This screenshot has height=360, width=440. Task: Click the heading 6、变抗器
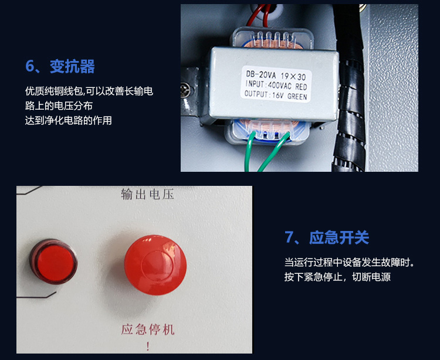pos(60,66)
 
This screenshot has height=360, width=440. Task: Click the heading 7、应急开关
pos(327,237)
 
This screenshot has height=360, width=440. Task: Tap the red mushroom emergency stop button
pos(155,264)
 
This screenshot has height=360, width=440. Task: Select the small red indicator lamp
pos(53,261)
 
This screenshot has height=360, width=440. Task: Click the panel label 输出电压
pos(148,194)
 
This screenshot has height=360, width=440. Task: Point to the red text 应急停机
pos(148,330)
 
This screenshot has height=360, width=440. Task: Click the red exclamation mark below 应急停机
pos(148,347)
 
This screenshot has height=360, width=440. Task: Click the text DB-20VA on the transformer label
pos(260,74)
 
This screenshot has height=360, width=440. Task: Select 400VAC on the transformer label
pos(279,85)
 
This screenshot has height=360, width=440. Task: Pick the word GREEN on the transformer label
pos(297,96)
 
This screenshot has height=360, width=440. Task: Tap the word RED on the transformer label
pos(301,86)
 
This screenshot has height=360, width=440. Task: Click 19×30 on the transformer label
pos(293,76)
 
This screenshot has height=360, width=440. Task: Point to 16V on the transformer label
pos(278,96)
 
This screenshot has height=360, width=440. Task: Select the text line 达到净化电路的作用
pos(69,120)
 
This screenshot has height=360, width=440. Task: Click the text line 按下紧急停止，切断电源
pos(337,277)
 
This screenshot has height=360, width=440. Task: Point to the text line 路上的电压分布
pos(59,106)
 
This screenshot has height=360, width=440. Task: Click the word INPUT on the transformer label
pos(255,84)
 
